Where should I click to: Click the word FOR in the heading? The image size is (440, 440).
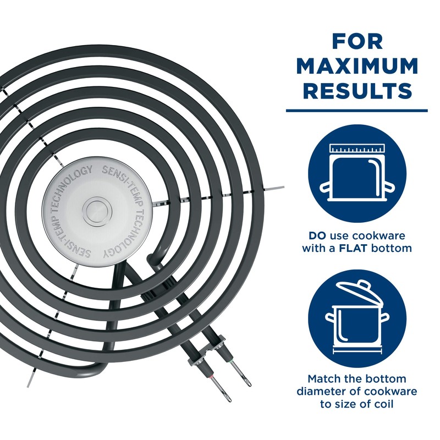[x=356, y=42]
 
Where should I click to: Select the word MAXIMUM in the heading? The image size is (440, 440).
[x=356, y=65]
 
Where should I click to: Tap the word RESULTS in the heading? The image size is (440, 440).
[x=356, y=90]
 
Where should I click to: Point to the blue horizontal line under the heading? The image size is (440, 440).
[x=356, y=110]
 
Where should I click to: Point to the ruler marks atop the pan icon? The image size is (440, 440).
[x=356, y=149]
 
